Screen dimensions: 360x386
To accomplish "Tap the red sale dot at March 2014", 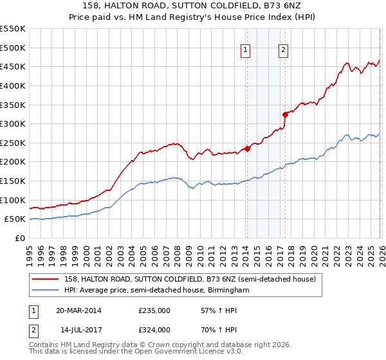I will point(247,148).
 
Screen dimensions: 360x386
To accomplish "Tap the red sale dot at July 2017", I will point(284,115).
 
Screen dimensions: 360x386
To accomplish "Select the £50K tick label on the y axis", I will point(15,219).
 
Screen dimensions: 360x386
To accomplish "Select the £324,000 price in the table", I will point(154,329).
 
